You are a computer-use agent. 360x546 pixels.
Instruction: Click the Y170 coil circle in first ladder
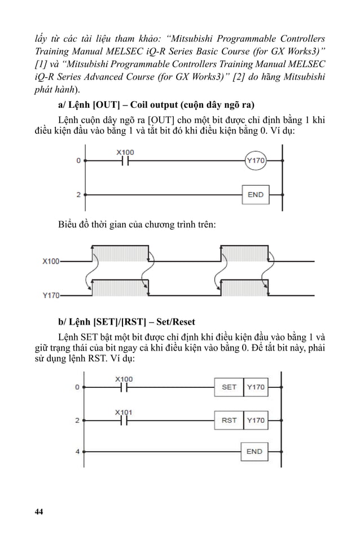pyautogui.click(x=255, y=161)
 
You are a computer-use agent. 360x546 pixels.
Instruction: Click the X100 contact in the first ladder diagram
pyautogui.click(x=125, y=160)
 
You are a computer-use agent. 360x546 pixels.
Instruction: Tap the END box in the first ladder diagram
pyautogui.click(x=255, y=194)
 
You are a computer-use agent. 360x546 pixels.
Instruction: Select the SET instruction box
pyautogui.click(x=229, y=387)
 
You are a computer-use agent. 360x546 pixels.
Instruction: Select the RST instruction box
pyautogui.click(x=229, y=420)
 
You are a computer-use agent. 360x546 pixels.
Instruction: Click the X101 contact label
pyautogui.click(x=124, y=412)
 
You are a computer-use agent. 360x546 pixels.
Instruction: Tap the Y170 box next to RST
pyautogui.click(x=256, y=420)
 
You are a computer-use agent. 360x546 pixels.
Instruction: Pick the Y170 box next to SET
pyautogui.click(x=256, y=387)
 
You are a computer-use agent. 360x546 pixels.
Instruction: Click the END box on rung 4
pyautogui.click(x=254, y=451)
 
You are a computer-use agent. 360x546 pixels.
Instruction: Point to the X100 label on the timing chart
pyautogui.click(x=51, y=261)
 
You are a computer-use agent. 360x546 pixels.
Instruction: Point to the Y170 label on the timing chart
pyautogui.click(x=51, y=295)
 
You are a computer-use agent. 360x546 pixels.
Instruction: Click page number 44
pyautogui.click(x=38, y=512)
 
